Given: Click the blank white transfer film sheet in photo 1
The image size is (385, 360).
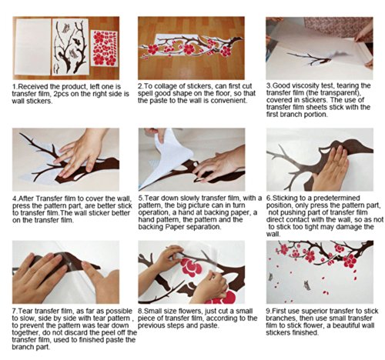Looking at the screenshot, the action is (32, 47).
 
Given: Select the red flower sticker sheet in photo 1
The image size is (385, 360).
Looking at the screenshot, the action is (104, 48).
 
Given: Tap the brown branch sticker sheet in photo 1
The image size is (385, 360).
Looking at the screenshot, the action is (70, 47).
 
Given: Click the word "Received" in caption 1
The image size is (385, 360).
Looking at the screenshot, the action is (32, 87).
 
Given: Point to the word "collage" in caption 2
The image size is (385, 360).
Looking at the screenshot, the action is (164, 86).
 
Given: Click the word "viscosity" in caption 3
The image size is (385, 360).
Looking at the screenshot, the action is (303, 85).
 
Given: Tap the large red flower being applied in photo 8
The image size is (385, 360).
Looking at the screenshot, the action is (191, 267).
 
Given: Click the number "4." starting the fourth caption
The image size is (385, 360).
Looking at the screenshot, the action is (15, 198).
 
